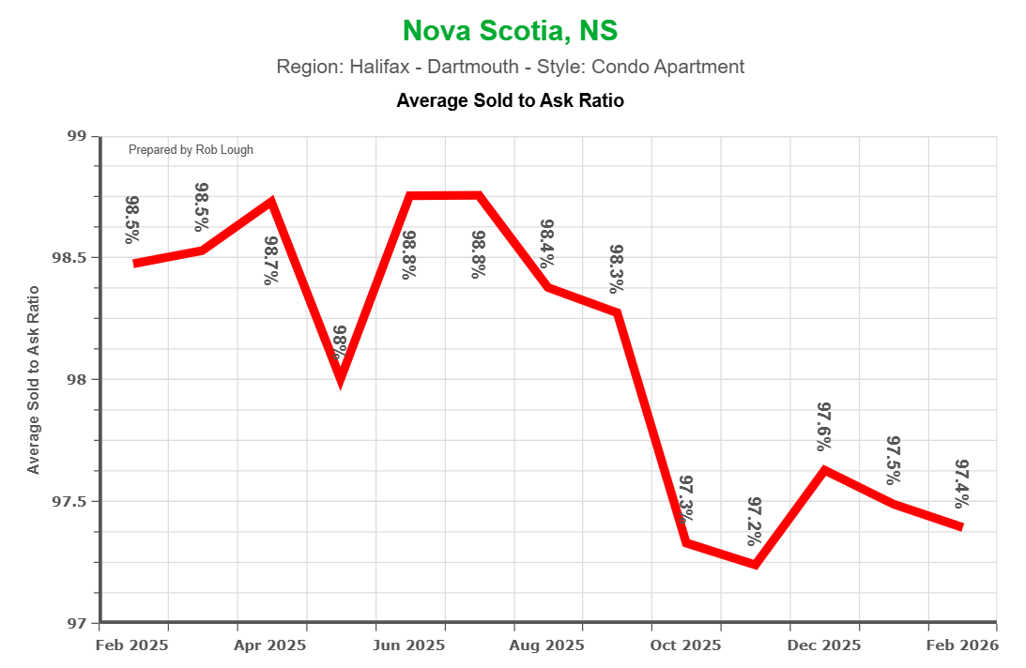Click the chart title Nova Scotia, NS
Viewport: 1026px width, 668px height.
[510, 31]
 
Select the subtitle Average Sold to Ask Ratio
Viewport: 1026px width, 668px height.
[510, 99]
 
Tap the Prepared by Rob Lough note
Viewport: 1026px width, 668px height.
[191, 150]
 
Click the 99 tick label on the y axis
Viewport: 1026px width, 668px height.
[77, 137]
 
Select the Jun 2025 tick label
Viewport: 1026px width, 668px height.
[410, 645]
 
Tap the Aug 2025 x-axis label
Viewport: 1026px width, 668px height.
[548, 645]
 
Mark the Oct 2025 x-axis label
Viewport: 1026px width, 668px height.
[686, 645]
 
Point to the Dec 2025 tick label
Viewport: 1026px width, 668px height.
[824, 645]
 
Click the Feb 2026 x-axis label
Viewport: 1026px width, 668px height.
[962, 645]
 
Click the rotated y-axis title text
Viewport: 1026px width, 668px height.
[34, 380]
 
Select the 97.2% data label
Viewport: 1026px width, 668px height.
[756, 522]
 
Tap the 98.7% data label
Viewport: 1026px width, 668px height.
[271, 260]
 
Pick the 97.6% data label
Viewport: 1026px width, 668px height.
[825, 426]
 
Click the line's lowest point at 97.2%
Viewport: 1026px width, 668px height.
[756, 565]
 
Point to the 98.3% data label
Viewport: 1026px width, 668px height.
[617, 269]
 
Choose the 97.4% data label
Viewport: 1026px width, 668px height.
[962, 482]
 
